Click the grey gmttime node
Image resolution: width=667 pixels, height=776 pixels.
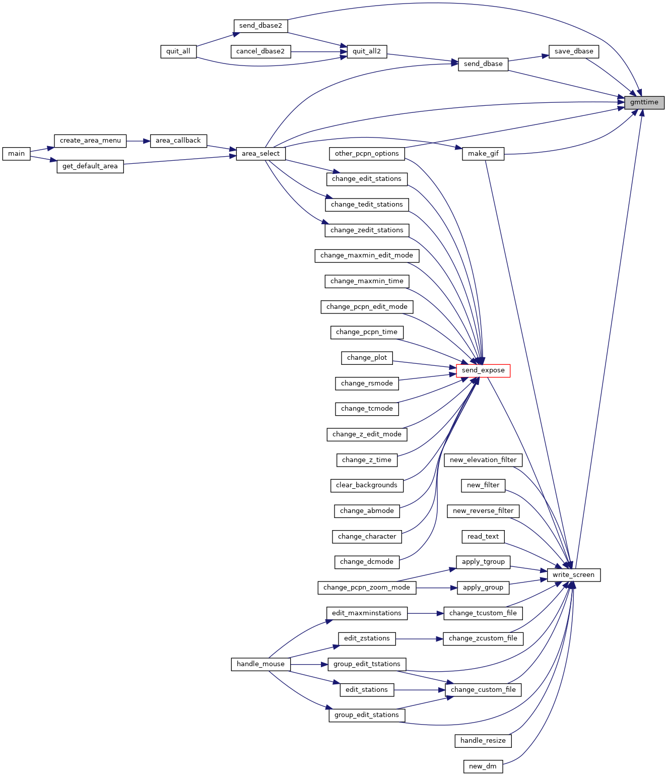point(644,102)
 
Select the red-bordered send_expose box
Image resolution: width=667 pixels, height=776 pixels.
point(483,370)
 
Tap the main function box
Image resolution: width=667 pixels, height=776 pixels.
point(16,154)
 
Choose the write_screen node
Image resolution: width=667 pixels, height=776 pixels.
point(573,575)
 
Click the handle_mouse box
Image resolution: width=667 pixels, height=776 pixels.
point(260,664)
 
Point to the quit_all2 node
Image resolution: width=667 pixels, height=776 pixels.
point(366,51)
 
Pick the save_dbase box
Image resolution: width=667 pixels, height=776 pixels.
point(573,51)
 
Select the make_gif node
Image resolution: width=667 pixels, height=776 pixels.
point(483,154)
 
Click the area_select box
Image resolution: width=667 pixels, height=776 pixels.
point(260,154)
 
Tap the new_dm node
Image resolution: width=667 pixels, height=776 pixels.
point(483,766)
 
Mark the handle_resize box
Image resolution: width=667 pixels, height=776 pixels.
point(483,741)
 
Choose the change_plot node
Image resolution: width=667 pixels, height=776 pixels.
point(367,358)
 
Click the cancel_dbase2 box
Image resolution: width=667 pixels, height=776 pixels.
point(260,51)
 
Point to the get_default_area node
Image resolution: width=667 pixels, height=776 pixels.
point(90,166)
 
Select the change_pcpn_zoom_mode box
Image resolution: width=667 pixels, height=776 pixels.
point(367,588)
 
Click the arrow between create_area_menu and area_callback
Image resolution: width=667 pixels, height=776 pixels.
point(138,141)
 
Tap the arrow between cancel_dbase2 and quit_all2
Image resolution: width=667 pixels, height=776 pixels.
point(319,52)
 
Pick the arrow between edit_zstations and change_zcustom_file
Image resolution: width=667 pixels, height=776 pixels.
point(419,638)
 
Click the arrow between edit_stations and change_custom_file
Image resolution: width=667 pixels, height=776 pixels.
point(419,690)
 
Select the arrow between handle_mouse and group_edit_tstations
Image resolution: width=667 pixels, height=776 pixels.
point(309,664)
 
